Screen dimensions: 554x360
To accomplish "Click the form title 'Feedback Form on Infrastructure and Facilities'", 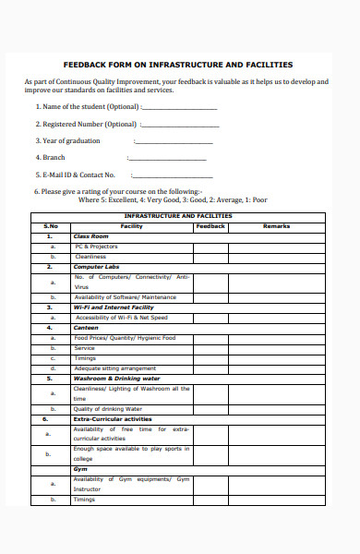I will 177,65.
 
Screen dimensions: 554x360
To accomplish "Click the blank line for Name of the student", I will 179,108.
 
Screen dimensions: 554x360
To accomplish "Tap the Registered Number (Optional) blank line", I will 182,126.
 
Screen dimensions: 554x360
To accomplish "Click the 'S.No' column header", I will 51,226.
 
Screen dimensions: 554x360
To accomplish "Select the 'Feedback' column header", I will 210,226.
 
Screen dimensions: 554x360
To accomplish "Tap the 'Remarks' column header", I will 276,226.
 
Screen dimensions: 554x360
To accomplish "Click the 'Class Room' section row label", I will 91,236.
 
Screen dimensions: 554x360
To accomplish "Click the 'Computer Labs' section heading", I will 97,267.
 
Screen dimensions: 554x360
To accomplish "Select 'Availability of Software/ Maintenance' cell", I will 125,297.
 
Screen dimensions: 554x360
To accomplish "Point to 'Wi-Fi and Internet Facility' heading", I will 114,307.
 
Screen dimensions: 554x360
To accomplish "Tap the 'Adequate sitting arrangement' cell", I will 115,368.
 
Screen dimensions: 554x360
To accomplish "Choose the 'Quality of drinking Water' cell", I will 108,408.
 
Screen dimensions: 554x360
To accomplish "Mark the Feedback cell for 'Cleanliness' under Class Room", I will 210,257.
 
